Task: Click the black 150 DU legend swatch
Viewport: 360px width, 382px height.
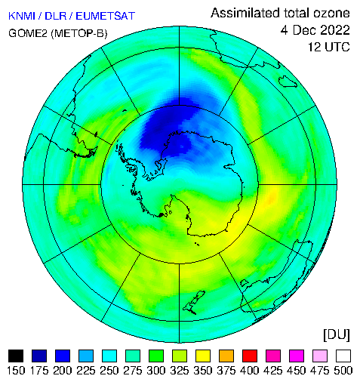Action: click(16, 356)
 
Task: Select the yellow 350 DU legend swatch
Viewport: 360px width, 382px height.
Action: click(203, 356)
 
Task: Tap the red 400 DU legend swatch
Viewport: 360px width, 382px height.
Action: click(250, 356)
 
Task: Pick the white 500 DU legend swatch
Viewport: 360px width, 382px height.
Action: click(343, 356)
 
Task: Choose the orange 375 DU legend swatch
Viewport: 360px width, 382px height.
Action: click(226, 356)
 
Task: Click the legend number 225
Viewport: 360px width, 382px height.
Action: click(86, 371)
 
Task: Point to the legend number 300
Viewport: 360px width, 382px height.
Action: click(156, 371)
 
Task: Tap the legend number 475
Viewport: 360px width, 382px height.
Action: click(320, 371)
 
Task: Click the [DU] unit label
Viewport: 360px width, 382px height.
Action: click(337, 335)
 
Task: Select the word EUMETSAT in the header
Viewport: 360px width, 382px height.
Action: click(106, 16)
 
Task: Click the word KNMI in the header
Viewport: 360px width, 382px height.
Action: click(22, 16)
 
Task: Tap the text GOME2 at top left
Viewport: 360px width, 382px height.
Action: click(28, 33)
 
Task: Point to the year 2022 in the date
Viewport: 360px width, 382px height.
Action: click(335, 30)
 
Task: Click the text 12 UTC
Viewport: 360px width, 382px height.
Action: click(329, 47)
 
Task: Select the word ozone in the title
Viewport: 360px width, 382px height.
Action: click(331, 13)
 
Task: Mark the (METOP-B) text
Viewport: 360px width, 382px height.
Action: click(79, 33)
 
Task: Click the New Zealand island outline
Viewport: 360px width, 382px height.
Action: click(194, 302)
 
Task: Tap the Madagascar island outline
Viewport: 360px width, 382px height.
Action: click(288, 82)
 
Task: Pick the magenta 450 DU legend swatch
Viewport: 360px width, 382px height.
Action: click(297, 356)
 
